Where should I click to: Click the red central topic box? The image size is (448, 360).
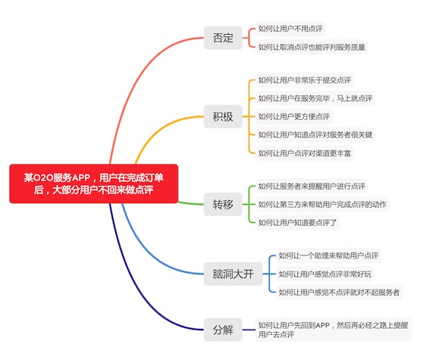coord(94,183)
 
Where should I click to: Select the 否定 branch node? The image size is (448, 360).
coord(223,38)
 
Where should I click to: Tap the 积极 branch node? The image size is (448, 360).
coord(223,117)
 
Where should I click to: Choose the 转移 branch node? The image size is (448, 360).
coord(223,205)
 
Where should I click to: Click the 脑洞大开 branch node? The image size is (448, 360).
coord(233,274)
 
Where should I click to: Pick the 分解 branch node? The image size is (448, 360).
coord(223,330)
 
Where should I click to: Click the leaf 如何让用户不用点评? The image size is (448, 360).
coord(290,29)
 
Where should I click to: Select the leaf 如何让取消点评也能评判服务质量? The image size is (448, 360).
coord(312,47)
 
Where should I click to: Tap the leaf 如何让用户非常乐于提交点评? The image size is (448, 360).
coord(305,80)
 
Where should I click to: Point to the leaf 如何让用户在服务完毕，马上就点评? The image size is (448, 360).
coord(315,99)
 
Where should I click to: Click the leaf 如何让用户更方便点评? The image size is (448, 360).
coord(294,117)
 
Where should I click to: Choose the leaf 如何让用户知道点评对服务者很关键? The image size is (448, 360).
coord(315,135)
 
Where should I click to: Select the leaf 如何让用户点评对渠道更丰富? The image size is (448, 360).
coord(305,153)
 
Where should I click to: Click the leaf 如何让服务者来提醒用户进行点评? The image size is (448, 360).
coord(312,186)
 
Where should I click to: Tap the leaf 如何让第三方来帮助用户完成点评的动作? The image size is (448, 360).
coord(322,205)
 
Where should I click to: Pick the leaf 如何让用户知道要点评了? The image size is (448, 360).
coord(297,223)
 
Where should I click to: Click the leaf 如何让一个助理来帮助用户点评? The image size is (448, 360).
coord(328,255)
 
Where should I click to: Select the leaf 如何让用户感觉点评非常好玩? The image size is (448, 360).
coord(325,274)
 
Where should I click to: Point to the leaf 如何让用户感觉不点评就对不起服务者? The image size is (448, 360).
coord(339,292)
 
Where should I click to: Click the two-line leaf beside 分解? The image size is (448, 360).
coord(334,330)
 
